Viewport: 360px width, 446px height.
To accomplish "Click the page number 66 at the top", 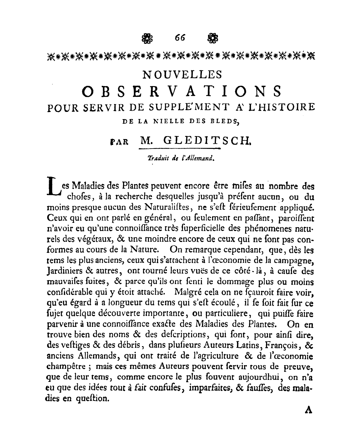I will [180, 38].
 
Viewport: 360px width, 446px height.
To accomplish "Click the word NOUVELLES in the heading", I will [183, 75].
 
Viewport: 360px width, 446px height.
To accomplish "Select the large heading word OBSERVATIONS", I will [181, 92].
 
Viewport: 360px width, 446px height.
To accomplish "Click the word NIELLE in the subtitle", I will [170, 121].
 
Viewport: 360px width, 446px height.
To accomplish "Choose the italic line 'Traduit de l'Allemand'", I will [181, 158].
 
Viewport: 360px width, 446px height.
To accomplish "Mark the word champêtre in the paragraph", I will [63, 367].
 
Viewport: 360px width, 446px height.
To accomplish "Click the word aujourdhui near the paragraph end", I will [258, 377].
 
